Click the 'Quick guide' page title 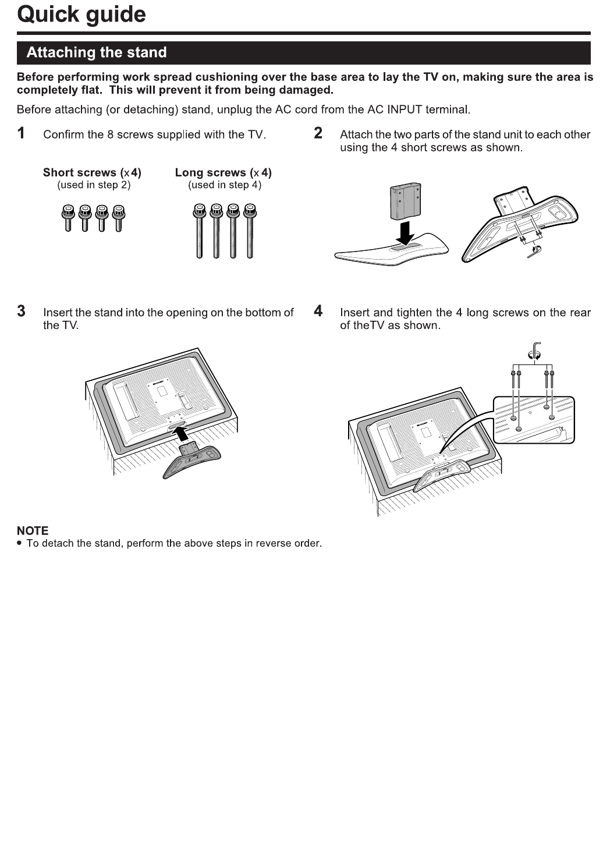(x=81, y=15)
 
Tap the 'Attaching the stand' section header (x=97, y=52)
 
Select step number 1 (x=22, y=133)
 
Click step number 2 (x=318, y=133)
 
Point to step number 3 (x=22, y=311)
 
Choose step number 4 (x=318, y=311)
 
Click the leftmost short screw (x=68, y=218)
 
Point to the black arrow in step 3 (x=182, y=433)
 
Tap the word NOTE (x=33, y=530)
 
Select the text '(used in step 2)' (x=94, y=185)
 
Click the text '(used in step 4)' (x=225, y=185)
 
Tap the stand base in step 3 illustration (x=192, y=460)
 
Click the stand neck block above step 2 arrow (x=405, y=201)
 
